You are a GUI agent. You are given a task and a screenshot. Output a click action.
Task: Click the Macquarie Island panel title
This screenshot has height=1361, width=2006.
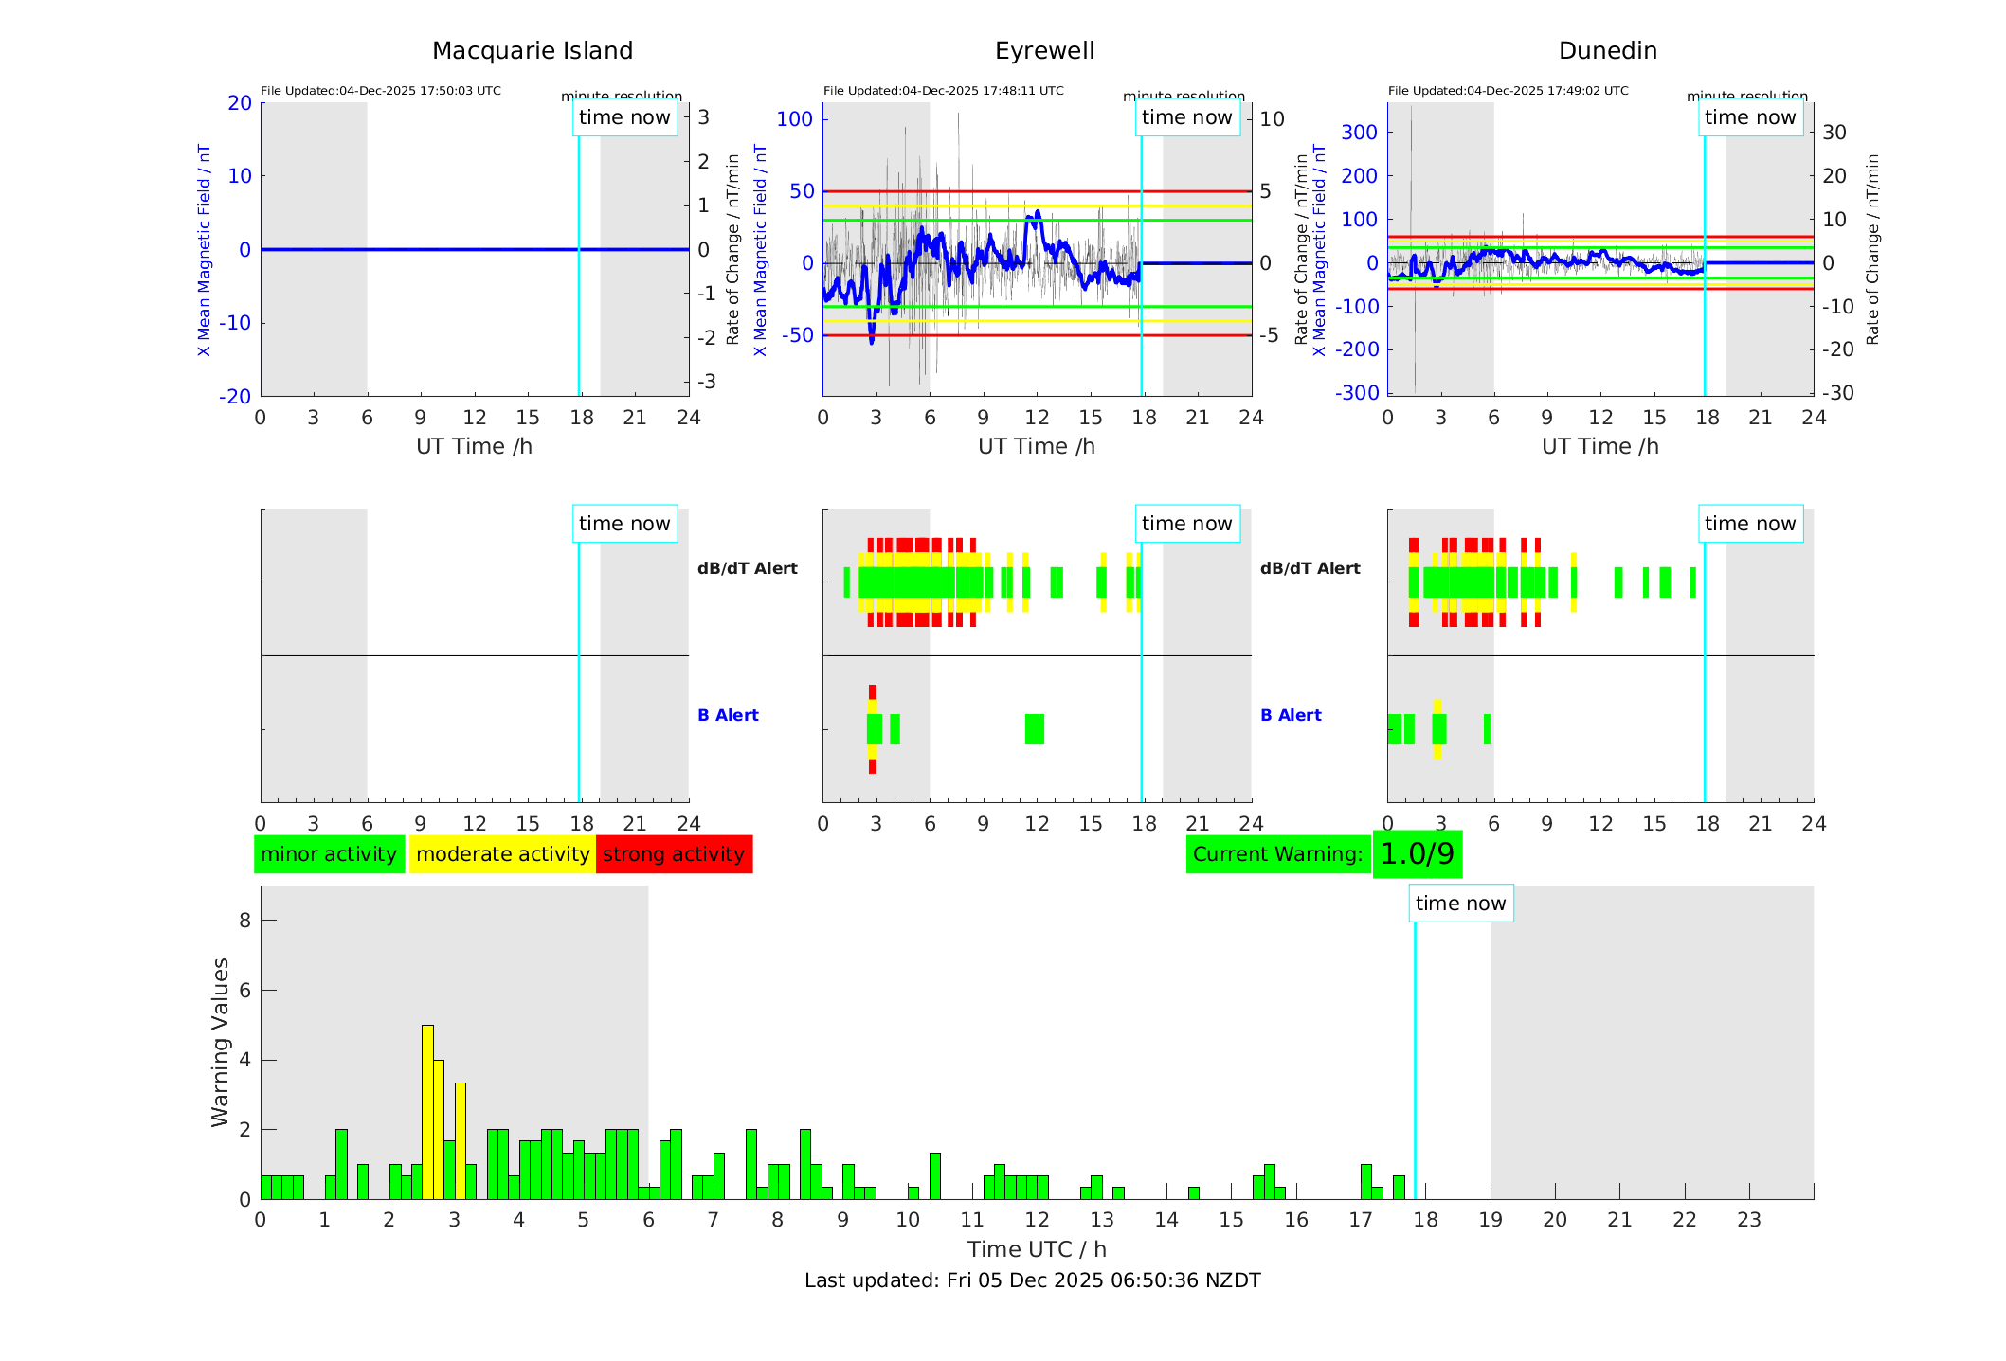pos(532,51)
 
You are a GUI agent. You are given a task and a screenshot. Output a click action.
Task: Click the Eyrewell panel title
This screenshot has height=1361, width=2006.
pos(1044,51)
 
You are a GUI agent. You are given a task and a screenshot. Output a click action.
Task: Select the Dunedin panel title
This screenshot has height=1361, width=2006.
pos(1607,51)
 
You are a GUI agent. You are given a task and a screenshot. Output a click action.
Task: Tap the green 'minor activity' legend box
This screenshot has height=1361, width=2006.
pos(329,854)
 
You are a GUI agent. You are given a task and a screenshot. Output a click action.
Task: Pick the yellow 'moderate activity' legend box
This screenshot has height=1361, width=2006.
pos(502,854)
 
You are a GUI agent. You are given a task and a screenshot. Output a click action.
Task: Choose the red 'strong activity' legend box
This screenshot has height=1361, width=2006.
pos(674,854)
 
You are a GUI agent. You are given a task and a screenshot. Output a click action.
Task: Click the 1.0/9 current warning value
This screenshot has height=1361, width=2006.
pos(1417,854)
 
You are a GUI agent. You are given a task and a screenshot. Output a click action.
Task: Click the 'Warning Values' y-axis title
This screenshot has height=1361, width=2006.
pos(220,1042)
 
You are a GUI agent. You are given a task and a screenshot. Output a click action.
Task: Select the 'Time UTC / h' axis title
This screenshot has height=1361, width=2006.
pos(1037,1249)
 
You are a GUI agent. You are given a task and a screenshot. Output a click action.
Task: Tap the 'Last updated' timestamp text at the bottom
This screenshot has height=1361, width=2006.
pos(1032,1280)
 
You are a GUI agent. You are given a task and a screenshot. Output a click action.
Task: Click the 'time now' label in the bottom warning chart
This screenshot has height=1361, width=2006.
pos(1460,904)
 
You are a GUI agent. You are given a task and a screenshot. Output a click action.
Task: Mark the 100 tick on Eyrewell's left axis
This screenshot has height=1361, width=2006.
pos(794,119)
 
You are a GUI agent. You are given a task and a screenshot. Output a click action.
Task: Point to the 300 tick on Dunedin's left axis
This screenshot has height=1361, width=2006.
pos(1359,133)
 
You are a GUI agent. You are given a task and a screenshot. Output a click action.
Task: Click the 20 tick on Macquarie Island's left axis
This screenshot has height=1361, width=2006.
pos(240,103)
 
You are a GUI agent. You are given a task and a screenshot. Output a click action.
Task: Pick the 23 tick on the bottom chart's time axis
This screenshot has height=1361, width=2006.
pos(1748,1220)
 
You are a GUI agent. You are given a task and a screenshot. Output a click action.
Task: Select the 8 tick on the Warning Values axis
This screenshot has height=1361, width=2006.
pos(244,920)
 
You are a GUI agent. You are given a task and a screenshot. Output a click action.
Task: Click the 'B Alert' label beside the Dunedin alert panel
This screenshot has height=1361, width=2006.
pos(1291,715)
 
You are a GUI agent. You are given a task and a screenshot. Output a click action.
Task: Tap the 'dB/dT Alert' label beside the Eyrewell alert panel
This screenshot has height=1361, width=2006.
pos(747,568)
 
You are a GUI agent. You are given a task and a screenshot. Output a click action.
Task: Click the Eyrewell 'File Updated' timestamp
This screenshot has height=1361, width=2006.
pos(943,91)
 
